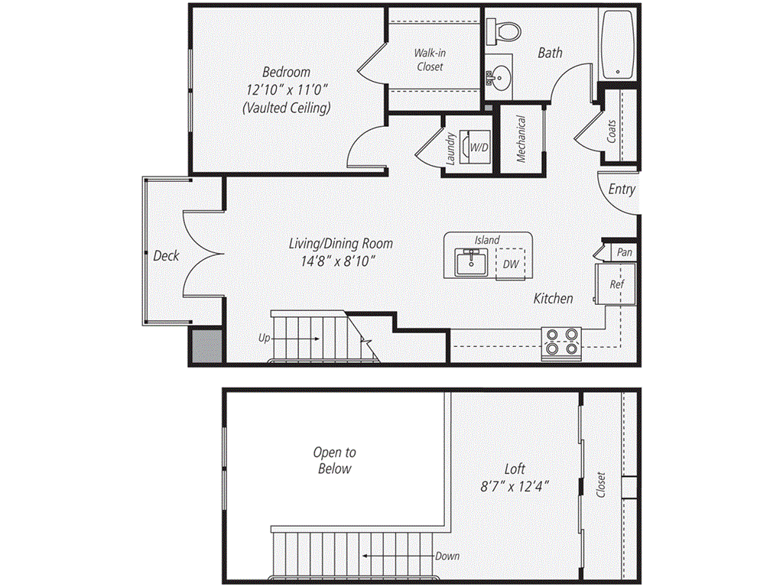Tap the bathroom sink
500,76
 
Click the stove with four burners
561,344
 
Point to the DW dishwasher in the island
510,264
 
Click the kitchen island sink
469,262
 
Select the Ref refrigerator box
616,283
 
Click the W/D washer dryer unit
479,146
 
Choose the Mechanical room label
521,139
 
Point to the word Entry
621,189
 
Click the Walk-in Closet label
429,60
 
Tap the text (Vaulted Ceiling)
287,108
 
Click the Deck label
166,255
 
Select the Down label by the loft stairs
447,556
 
